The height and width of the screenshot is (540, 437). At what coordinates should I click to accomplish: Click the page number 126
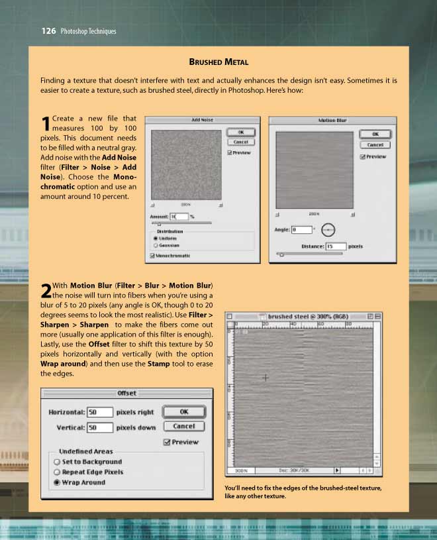pos(48,30)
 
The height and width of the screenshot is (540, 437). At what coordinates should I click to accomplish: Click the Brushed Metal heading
pos(218,62)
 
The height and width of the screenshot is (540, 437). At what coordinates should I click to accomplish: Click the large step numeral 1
pos(45,124)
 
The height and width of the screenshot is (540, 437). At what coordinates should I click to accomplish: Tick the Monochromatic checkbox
pos(154,255)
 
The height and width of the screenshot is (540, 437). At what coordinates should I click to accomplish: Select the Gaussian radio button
pos(156,244)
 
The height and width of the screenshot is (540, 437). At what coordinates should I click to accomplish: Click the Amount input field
pos(179,217)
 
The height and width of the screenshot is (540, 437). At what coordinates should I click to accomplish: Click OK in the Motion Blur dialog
pos(375,134)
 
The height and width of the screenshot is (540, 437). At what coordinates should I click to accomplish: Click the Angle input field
pos(301,230)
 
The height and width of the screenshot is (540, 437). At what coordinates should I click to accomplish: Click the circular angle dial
pos(328,230)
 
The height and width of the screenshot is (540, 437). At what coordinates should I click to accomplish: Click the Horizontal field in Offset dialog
pos(99,412)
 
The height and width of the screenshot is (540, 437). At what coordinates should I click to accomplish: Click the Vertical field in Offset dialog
pos(99,427)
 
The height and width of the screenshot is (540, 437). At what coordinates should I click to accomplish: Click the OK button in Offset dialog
pos(183,412)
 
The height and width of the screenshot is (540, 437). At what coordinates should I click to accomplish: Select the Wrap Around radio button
pos(58,482)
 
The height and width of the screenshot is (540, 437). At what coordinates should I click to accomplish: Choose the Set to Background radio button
pos(58,462)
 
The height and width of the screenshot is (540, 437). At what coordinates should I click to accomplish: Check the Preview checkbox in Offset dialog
pos(166,442)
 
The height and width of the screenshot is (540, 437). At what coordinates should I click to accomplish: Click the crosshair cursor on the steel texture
pos(266,377)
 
